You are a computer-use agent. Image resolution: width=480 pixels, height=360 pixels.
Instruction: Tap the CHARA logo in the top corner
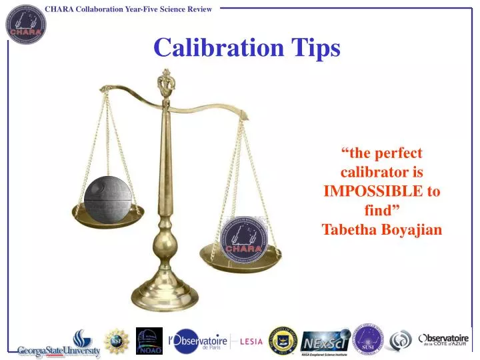click(x=25, y=24)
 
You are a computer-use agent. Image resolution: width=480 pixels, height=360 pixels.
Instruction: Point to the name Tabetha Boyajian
click(x=381, y=230)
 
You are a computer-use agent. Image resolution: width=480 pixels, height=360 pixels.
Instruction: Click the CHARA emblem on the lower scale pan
click(x=243, y=237)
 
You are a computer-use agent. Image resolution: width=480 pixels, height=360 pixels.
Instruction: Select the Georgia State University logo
click(x=59, y=344)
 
